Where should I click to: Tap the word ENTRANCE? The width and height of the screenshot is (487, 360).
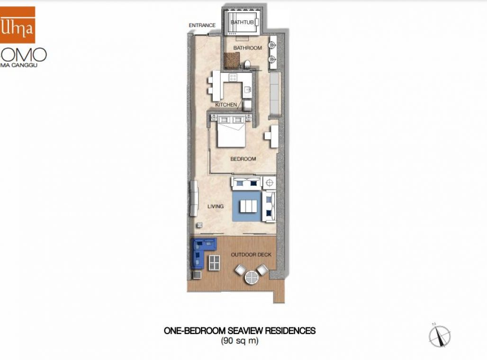coord(202,26)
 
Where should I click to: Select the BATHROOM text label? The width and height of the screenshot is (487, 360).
coord(247,48)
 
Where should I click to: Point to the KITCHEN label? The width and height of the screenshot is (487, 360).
coord(226,104)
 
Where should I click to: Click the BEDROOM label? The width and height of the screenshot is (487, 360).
coord(243,159)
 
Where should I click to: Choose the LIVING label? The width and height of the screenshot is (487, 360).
coord(216,207)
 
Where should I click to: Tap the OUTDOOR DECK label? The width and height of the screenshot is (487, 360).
coord(251,255)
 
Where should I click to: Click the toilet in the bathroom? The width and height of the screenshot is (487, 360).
coord(247,64)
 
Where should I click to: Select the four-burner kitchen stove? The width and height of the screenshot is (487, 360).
coord(233,77)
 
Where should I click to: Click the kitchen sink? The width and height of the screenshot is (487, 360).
coord(247,89)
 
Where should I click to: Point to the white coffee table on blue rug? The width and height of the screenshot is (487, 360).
coord(248,207)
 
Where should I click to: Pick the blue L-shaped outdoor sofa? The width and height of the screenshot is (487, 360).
coord(200,250)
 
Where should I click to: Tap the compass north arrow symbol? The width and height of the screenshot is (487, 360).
coord(439,336)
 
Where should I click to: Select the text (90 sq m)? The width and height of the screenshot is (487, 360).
coord(239,341)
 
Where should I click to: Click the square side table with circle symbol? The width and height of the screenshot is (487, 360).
coord(270,182)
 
